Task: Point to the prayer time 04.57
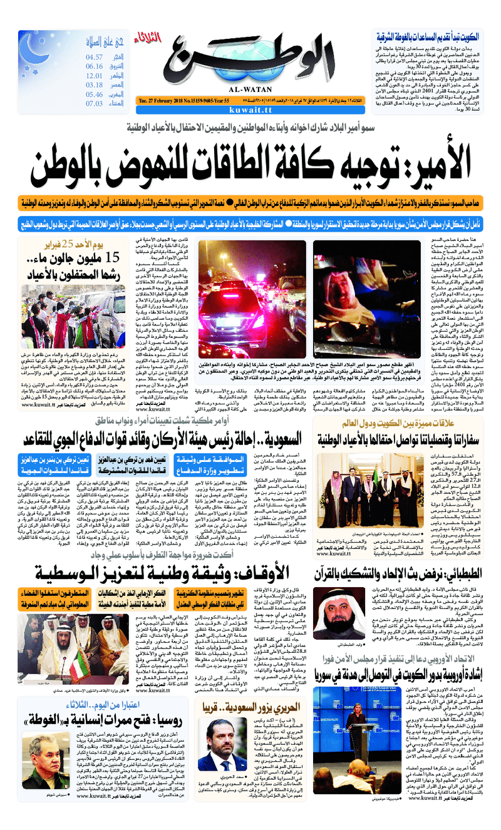point(95,57)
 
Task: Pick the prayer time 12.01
point(94,76)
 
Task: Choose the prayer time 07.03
point(94,104)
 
